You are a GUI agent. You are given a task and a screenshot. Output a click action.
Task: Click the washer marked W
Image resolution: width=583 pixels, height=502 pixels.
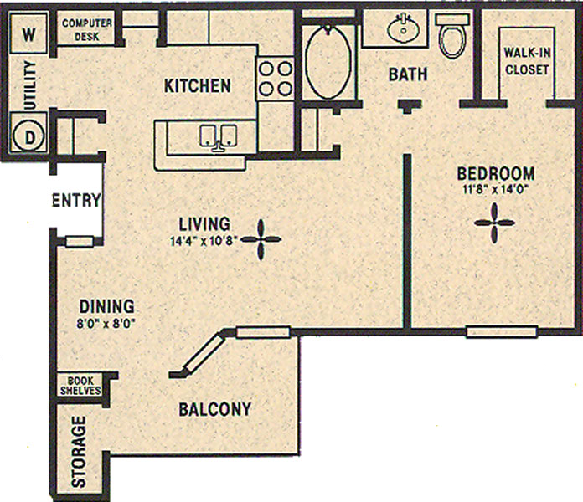pos(28,33)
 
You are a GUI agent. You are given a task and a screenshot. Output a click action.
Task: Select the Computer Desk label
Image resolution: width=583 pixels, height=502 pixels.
pos(87,30)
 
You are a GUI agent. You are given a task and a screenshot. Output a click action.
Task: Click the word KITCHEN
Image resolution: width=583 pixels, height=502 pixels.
pos(198,85)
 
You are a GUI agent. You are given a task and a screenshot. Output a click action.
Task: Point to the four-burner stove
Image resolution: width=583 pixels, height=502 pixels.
pos(275,79)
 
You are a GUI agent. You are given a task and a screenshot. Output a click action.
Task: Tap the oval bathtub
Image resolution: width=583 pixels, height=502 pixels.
pos(328,62)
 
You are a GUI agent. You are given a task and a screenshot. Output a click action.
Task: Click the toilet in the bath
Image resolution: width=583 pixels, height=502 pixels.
pos(452,36)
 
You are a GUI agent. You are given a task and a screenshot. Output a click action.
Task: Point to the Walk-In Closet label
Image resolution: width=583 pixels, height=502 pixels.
pos(527,61)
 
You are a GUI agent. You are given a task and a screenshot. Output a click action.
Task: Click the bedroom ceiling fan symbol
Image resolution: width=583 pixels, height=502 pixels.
pos(494,223)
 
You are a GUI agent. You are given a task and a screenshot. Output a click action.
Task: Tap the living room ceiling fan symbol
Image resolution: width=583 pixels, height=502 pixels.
pos(261,240)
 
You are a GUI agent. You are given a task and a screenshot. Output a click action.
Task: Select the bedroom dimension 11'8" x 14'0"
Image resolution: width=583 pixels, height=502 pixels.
pos(496,189)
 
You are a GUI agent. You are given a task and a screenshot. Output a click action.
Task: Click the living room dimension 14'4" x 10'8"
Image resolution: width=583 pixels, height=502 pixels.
pos(204,241)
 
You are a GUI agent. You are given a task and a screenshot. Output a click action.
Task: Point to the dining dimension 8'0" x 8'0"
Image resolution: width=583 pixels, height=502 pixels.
pos(106,324)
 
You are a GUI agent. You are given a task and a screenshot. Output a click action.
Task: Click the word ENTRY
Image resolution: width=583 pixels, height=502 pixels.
pos(76,200)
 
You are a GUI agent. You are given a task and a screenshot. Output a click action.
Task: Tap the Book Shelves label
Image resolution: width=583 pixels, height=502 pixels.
pos(80,386)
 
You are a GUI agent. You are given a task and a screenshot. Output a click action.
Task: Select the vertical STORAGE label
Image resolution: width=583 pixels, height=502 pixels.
pos(79,451)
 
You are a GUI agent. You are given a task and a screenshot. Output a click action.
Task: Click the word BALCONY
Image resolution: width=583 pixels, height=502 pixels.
pos(215,409)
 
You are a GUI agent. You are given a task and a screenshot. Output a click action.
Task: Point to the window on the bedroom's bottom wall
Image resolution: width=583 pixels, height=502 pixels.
pos(502,331)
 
